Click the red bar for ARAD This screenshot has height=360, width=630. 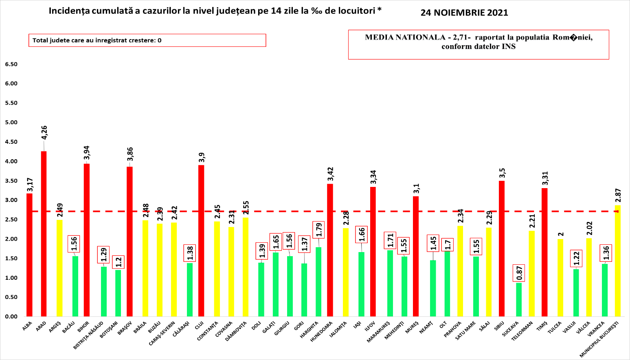click(x=44, y=234)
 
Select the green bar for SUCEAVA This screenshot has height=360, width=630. click(x=519, y=299)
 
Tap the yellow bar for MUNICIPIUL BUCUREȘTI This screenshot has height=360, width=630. click(x=618, y=261)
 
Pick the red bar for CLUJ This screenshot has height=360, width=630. click(x=201, y=240)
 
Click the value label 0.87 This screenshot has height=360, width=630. click(x=519, y=273)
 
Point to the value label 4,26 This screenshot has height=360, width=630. click(x=44, y=132)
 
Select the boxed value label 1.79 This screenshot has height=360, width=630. click(x=319, y=230)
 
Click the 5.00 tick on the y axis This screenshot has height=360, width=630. click(x=11, y=123)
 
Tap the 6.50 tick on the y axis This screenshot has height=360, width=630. click(x=11, y=64)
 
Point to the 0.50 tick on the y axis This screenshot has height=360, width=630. click(x=11, y=297)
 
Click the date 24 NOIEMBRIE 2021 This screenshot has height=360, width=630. click(x=464, y=13)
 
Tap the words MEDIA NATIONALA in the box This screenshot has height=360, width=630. click(x=405, y=37)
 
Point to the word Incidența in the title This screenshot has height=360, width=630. click(x=67, y=11)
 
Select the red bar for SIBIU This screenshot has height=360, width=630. click(x=502, y=248)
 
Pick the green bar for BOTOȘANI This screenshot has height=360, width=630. click(x=118, y=293)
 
